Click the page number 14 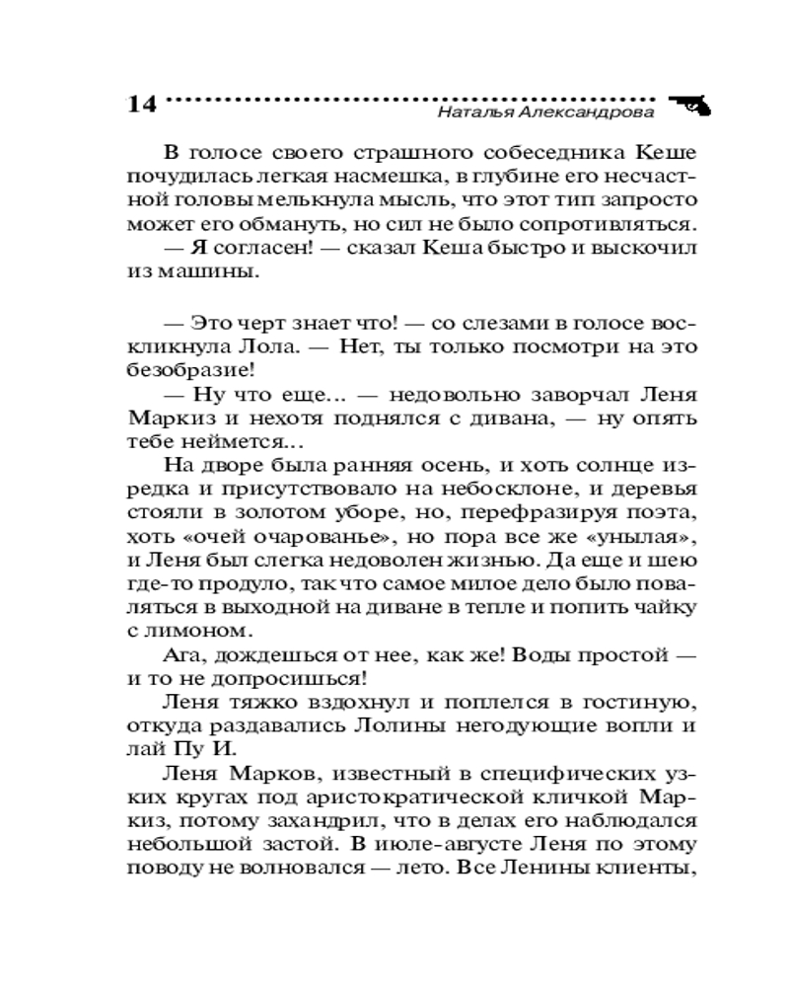tap(142, 104)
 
